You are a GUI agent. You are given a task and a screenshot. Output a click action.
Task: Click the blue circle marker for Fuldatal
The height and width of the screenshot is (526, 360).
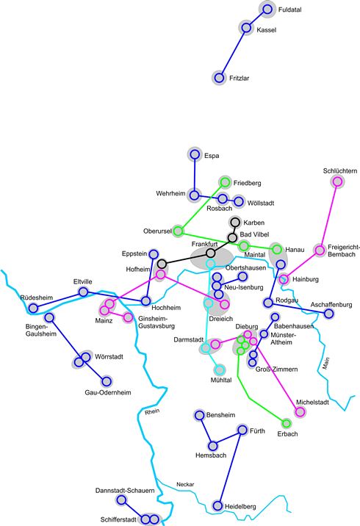tap(267, 10)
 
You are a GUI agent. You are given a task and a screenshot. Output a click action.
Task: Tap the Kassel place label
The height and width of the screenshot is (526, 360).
tap(267, 30)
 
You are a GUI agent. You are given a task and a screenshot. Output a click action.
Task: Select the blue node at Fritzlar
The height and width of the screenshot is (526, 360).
tap(219, 78)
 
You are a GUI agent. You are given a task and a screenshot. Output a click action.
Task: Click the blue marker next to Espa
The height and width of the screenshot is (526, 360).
tap(195, 154)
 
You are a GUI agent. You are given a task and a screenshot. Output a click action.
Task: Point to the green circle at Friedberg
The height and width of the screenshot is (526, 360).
tap(225, 182)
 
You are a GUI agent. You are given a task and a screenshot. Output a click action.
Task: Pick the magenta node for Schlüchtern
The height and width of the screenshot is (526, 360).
tap(337, 181)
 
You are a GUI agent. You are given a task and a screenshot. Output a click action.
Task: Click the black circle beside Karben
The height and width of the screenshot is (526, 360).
tap(235, 222)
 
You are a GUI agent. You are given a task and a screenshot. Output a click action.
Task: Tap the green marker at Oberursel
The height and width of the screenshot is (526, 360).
tap(178, 231)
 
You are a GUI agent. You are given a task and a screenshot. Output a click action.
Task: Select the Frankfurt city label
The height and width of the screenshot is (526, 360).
tap(205, 244)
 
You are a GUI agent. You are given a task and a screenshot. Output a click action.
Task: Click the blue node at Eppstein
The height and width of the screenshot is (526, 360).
tap(154, 254)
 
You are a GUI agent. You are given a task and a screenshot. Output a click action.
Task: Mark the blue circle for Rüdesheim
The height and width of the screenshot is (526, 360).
tap(33, 308)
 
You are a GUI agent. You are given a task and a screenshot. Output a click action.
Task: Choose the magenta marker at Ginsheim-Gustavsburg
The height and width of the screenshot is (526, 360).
tap(128, 317)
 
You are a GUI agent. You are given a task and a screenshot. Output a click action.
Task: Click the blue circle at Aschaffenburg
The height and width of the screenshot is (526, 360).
tap(329, 314)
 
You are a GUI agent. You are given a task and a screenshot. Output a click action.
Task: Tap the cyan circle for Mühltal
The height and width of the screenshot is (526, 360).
tap(220, 370)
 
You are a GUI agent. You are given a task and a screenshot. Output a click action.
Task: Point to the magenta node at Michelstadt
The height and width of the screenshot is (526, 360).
tap(300, 411)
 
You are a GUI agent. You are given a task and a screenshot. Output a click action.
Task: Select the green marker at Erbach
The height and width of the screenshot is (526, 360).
tap(287, 423)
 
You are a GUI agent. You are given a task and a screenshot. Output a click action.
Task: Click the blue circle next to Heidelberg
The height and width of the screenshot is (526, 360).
tap(217, 505)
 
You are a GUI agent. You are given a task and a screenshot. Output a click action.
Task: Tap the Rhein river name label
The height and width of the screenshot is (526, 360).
tap(152, 411)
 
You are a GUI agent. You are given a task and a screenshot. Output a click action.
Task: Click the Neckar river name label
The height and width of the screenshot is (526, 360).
tap(185, 484)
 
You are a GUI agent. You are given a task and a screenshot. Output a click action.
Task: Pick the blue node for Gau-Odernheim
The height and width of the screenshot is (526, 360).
tap(107, 381)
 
